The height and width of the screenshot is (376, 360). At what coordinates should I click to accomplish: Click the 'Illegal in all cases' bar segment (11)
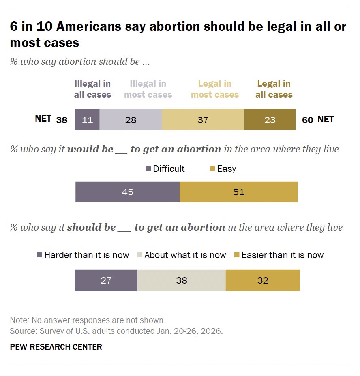click(x=87, y=120)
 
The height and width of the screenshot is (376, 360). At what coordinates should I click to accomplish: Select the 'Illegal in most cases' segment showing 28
click(x=131, y=120)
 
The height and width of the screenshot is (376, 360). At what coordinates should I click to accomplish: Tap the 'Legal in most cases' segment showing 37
click(x=203, y=120)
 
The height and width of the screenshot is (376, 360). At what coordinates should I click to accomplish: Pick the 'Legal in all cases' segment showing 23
click(x=270, y=120)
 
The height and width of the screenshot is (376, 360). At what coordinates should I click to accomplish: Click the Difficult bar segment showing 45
click(x=127, y=192)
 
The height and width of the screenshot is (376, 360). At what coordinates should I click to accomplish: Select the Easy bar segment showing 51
click(x=238, y=192)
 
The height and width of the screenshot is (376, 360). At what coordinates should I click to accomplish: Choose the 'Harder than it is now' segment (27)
click(x=106, y=280)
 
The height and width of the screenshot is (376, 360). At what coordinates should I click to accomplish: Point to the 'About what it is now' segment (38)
click(x=181, y=280)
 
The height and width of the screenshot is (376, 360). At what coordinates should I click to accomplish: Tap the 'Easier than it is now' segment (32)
click(x=263, y=280)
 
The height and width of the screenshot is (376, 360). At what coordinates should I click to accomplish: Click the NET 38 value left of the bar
click(x=62, y=120)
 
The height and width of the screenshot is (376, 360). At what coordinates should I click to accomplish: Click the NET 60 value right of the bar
click(x=308, y=120)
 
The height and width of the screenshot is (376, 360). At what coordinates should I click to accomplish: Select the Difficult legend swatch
click(x=148, y=169)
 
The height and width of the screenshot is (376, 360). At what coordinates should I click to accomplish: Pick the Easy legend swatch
click(x=212, y=169)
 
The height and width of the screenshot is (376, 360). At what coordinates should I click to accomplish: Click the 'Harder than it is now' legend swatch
click(x=39, y=255)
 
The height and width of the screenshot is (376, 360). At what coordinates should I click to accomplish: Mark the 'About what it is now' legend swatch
click(x=139, y=255)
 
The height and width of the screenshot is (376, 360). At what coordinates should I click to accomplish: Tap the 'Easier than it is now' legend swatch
click(x=237, y=255)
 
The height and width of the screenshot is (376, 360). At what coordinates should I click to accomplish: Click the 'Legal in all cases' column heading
click(x=274, y=89)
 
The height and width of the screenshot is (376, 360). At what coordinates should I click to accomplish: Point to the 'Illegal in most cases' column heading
click(x=148, y=89)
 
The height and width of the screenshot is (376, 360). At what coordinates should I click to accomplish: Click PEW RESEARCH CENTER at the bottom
click(x=56, y=347)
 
